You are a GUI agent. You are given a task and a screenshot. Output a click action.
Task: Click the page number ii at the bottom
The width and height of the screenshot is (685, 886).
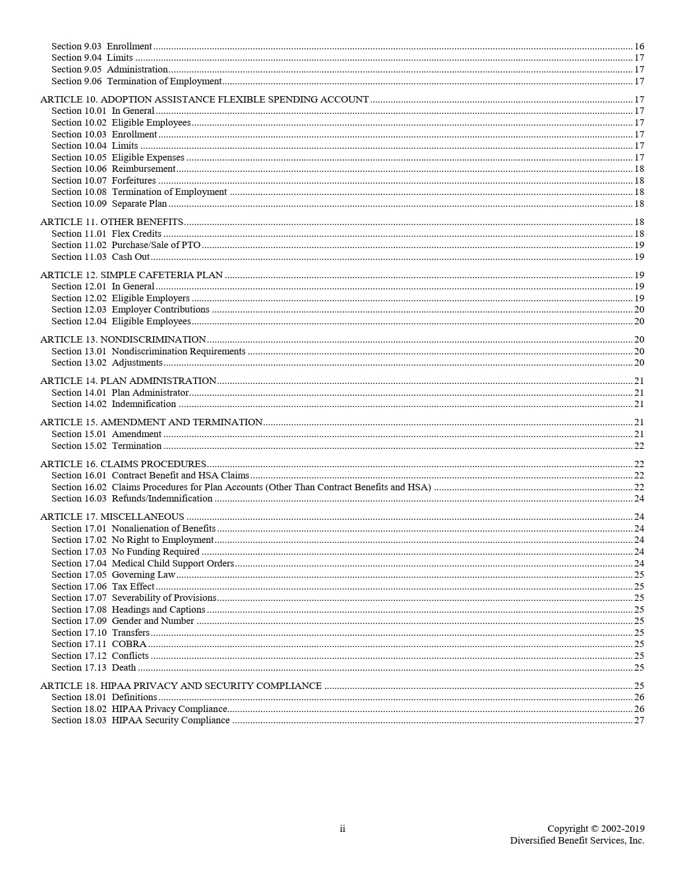(342, 829)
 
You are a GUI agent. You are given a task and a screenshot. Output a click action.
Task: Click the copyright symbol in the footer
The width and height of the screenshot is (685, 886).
(594, 829)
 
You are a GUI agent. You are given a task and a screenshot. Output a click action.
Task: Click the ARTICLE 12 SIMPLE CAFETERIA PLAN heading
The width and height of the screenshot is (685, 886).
(131, 275)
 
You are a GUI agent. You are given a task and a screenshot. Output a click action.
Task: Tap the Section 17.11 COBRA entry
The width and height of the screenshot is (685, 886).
(99, 644)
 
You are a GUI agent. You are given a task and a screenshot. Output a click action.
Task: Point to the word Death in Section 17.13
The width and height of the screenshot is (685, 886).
(124, 667)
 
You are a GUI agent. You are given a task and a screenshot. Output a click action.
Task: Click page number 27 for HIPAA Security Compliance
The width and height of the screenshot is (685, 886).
(639, 720)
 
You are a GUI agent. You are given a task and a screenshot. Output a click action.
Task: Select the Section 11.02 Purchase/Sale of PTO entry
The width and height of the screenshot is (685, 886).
(126, 245)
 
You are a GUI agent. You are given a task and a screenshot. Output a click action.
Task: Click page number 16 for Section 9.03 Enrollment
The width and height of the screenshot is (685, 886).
(639, 46)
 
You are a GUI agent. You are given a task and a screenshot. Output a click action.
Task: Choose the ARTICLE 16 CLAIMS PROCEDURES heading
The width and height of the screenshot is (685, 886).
(123, 464)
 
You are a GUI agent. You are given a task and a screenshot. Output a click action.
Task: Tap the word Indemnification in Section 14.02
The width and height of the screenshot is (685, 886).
(143, 404)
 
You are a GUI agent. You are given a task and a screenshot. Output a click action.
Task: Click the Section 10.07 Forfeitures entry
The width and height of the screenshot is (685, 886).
(104, 180)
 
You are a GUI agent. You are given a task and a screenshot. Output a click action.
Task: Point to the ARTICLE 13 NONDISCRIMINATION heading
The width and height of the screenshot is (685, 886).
(123, 339)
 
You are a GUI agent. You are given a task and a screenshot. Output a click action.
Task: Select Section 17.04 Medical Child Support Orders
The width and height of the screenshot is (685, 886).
(142, 563)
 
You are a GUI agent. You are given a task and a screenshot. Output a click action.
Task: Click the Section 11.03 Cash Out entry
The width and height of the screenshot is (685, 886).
(100, 257)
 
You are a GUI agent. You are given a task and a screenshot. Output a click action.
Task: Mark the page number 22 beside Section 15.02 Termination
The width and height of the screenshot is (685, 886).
(639, 446)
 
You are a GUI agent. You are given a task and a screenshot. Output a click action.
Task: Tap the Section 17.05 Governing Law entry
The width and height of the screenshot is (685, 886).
(113, 575)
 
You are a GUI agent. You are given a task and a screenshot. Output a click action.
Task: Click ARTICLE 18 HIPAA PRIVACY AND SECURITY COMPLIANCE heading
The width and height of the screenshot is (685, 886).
(181, 686)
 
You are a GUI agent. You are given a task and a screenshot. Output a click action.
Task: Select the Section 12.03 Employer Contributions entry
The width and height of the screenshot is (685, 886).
(131, 309)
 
